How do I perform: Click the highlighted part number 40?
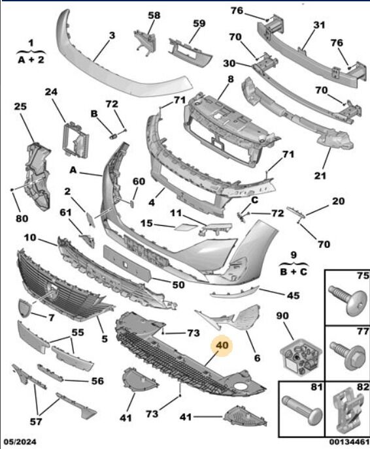(222, 345)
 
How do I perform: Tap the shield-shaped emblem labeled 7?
(25, 307)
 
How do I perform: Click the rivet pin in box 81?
(302, 409)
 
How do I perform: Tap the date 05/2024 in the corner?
(20, 442)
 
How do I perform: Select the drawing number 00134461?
(349, 442)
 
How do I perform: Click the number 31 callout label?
(319, 25)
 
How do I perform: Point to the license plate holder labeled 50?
(127, 264)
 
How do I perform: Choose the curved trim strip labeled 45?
(234, 292)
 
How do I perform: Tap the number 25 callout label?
(20, 106)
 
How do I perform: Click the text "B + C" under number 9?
(294, 271)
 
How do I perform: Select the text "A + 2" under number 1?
(31, 60)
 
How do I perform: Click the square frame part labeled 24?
(75, 140)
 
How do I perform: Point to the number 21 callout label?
(320, 176)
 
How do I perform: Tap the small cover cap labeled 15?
(186, 227)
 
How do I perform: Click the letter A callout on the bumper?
(73, 170)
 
